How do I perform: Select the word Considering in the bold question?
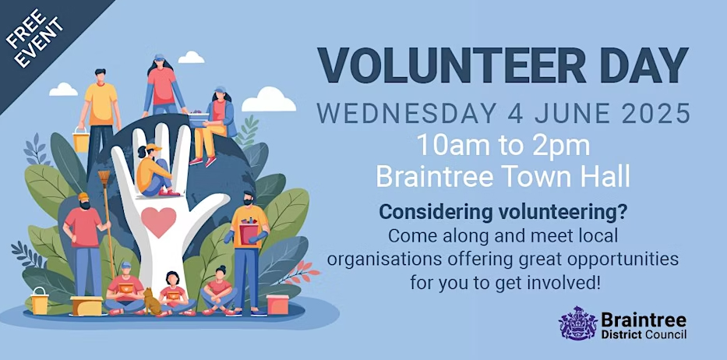(435, 213)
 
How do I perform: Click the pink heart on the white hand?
(158, 222)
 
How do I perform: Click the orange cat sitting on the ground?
(150, 301)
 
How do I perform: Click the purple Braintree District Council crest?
(577, 323)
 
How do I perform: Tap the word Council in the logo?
(667, 334)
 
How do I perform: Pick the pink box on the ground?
(277, 305)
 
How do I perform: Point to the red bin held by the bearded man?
(249, 234)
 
